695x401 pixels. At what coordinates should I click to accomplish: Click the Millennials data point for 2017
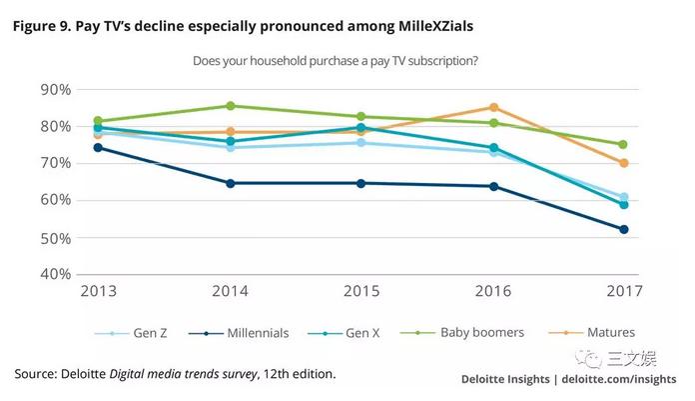pos(624,230)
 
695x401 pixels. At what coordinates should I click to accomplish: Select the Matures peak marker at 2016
pos(493,107)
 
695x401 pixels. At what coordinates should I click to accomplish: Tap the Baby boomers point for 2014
pos(231,106)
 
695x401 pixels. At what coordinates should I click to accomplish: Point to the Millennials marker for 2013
pos(98,147)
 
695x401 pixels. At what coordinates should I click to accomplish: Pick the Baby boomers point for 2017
pos(623,144)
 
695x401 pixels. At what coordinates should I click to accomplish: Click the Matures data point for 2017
pos(624,163)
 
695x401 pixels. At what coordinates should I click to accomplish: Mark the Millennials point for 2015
pos(360,183)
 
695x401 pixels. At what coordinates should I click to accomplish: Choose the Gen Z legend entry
pos(131,333)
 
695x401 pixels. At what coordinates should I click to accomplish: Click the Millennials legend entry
pos(239,333)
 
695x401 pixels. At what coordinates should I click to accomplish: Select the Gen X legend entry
pos(344,333)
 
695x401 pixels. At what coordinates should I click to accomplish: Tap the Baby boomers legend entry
pos(462,333)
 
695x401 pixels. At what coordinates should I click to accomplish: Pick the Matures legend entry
pos(592,332)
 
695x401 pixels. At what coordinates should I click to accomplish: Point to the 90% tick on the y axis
pos(55,90)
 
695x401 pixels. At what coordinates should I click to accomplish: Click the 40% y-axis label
pos(55,274)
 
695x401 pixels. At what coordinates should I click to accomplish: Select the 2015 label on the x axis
pos(361,291)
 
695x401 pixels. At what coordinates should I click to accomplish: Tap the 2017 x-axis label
pos(624,291)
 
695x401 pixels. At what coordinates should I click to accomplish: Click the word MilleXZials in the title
pos(435,26)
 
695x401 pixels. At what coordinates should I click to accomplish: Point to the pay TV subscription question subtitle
pos(336,61)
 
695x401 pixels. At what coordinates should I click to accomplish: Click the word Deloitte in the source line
pos(83,374)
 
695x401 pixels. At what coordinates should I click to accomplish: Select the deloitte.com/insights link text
pos(619,379)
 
